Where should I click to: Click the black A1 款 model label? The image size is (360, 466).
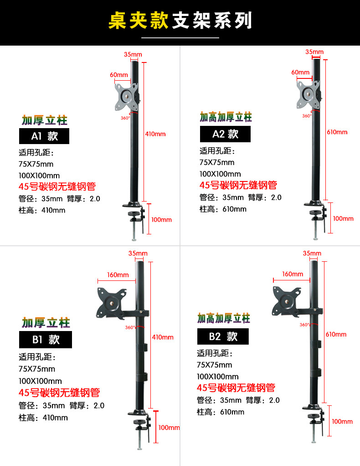coord(44,136)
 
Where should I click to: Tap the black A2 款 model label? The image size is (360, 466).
coord(225,134)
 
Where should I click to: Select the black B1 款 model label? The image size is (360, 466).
coord(45,340)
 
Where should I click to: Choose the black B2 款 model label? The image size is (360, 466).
coord(223,337)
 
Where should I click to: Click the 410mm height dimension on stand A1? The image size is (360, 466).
coord(156,134)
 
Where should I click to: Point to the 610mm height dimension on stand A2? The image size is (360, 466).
coord(337,132)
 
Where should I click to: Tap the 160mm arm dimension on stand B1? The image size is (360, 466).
coord(118,274)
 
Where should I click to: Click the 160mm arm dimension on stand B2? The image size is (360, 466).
coord(293,274)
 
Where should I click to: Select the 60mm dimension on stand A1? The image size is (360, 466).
coord(118,74)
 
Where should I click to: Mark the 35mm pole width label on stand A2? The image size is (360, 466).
coord(314,52)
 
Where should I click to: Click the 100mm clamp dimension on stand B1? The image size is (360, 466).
coord(169,428)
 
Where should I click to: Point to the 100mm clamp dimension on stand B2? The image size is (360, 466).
coord(342,421)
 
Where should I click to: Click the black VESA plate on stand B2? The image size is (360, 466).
coord(287,301)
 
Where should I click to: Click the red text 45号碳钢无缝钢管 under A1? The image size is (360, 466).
coord(57,186)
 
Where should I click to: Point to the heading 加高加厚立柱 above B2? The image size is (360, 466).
coord(224,318)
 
